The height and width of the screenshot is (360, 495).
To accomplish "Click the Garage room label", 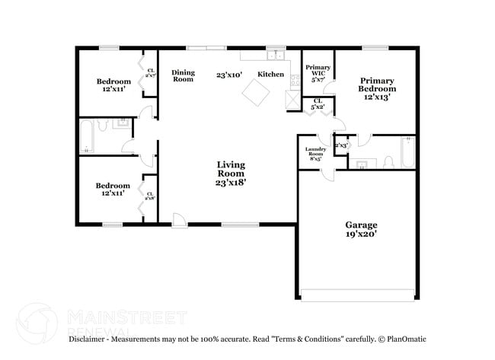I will coord(361,225).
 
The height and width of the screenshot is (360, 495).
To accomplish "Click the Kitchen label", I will coord(270,75).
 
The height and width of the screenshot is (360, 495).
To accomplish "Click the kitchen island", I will coord(255,94).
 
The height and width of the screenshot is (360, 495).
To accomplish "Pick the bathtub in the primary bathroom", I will coord(407,153).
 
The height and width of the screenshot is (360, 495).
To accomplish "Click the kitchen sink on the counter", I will coord(275,56).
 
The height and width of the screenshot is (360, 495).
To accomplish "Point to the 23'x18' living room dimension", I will coord(230,183).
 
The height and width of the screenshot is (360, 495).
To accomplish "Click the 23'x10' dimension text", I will coord(228,75).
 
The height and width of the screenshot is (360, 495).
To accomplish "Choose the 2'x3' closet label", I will coord(341,145).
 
